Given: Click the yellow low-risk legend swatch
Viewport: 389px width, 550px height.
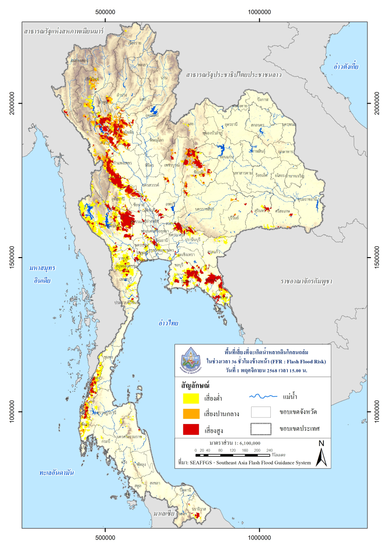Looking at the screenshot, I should [x=191, y=397].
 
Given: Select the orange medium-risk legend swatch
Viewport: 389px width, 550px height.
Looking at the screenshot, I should [x=191, y=413].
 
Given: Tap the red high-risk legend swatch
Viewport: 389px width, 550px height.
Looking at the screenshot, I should [x=191, y=429].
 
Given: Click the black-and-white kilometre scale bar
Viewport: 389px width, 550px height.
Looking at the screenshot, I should [x=234, y=455].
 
